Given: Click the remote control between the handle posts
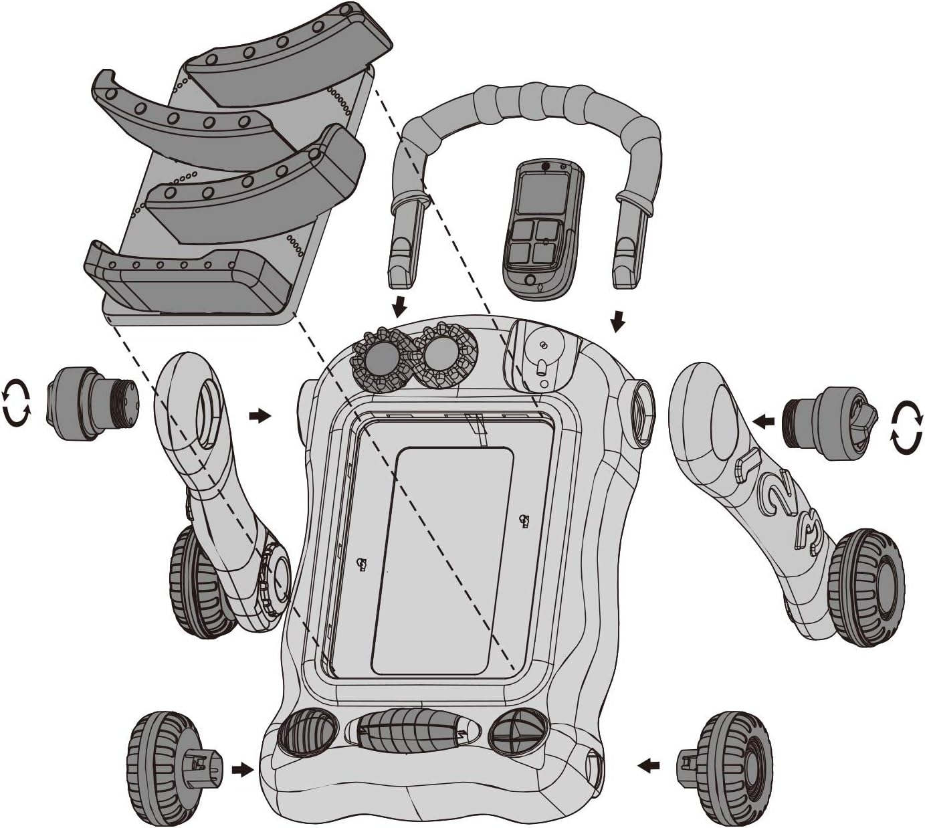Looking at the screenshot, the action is [x=542, y=229].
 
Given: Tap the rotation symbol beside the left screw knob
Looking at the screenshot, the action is [x=17, y=403].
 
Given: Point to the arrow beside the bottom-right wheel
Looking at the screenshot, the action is [x=649, y=762].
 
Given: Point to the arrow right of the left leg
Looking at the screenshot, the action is [x=260, y=416].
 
